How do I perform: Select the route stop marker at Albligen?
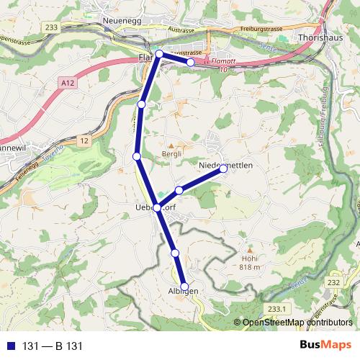click(184, 287)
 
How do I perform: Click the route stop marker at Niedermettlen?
click(224, 168)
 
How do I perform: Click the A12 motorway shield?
click(68, 84)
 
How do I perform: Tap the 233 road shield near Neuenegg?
click(50, 27)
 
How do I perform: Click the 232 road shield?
click(333, 284)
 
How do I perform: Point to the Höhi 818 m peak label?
click(250, 264)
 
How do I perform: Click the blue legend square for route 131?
click(11, 346)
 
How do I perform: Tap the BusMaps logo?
click(326, 346)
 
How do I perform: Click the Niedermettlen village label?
click(225, 164)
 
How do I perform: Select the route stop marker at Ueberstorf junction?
click(156, 207)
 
